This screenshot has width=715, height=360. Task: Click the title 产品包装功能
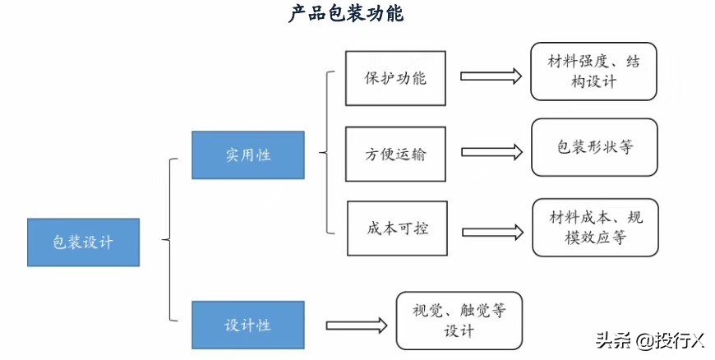[346, 15]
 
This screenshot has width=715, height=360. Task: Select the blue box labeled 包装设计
[83, 242]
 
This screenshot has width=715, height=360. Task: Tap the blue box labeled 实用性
[248, 155]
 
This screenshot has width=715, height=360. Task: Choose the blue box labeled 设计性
[248, 325]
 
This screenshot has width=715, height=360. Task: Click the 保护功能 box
[395, 78]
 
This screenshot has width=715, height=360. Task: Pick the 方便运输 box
[395, 154]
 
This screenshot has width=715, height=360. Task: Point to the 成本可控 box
[397, 228]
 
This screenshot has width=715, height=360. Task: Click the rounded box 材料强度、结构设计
[593, 72]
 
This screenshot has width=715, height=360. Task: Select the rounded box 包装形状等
[594, 148]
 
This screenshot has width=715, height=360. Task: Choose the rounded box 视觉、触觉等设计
[459, 321]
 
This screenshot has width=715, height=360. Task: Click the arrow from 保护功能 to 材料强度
[491, 76]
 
